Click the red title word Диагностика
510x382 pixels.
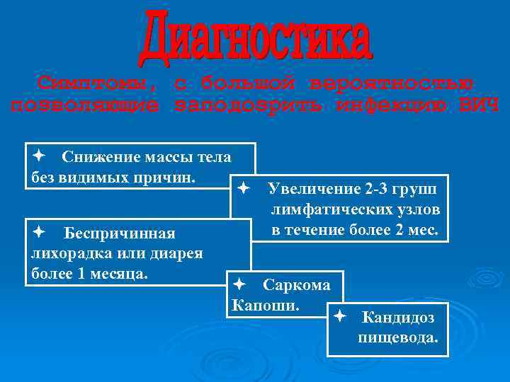pos(255,35)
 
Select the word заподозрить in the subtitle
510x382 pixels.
pos(249,106)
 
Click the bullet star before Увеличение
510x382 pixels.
pos(243,189)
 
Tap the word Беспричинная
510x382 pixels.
pos(119,233)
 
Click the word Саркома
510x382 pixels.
pos(296,285)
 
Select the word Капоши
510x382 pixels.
pos(266,306)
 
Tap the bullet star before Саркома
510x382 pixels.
pos(239,284)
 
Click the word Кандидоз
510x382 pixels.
pos(397,318)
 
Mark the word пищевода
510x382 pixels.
pos(398,337)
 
